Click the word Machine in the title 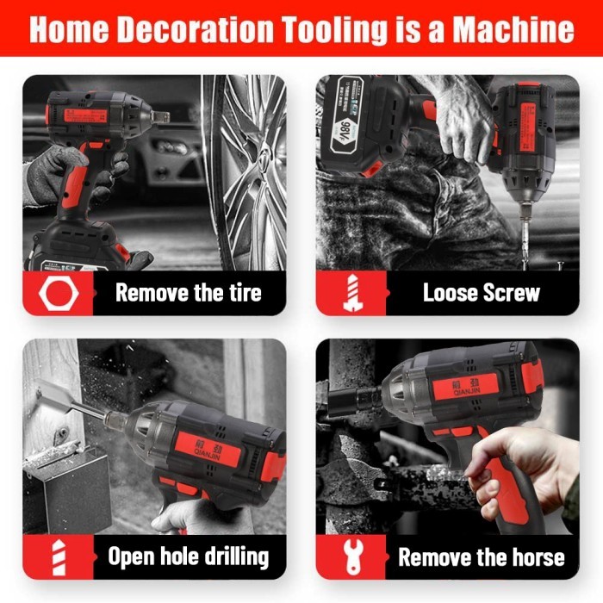513,29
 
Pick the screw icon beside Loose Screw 350,293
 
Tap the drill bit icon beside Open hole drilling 58,556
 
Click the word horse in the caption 530,556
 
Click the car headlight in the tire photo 173,147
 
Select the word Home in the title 69,29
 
